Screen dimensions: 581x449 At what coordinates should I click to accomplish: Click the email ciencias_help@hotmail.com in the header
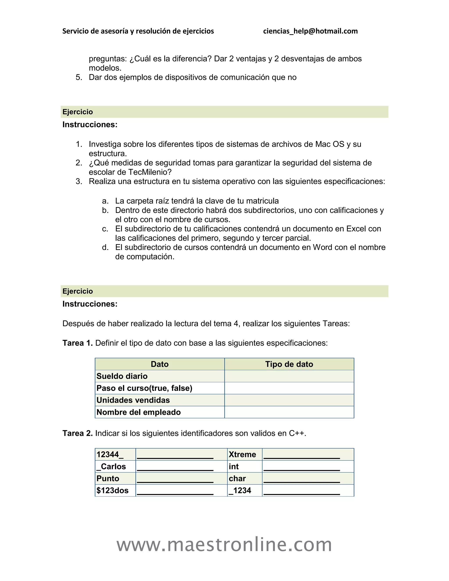click(x=310, y=31)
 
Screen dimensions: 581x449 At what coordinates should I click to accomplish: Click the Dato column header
click(x=160, y=364)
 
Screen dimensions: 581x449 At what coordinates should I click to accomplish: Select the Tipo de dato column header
click(x=289, y=364)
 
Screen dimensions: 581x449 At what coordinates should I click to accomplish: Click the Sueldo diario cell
click(x=122, y=376)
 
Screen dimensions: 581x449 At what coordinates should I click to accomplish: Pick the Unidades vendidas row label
click(x=133, y=400)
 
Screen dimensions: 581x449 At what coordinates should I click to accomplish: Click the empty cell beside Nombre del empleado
click(x=289, y=412)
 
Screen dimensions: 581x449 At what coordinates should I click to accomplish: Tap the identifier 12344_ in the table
click(x=110, y=454)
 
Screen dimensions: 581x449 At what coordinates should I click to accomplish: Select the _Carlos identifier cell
click(x=111, y=466)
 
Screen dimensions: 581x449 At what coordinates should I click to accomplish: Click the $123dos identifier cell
click(x=112, y=490)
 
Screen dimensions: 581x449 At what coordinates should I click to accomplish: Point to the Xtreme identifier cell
click(x=242, y=454)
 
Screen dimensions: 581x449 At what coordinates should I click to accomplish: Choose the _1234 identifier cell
click(x=240, y=490)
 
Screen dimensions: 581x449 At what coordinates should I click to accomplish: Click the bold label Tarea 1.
click(x=77, y=343)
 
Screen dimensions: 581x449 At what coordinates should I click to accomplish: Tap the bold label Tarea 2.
click(x=77, y=433)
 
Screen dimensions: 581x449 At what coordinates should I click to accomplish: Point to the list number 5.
click(x=79, y=77)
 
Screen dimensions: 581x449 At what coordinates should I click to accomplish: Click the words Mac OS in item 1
click(x=330, y=144)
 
